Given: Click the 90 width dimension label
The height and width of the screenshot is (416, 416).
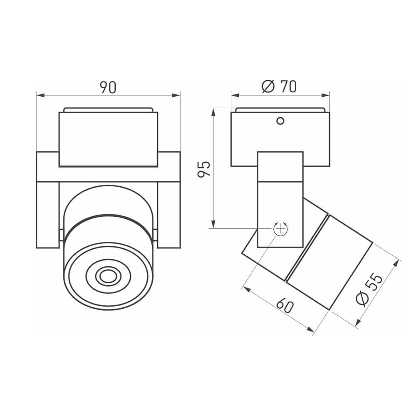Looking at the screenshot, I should pos(108,87).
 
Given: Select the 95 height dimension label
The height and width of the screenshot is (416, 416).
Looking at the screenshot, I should pos(204,169).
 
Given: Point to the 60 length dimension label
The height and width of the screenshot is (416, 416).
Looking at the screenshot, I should pos(285,306).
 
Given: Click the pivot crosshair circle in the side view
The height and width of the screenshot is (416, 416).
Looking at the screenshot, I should pos(280,228).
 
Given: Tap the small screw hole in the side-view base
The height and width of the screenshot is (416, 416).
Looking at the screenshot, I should pos(280,121).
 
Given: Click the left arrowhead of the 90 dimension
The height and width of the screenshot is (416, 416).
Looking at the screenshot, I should pos(40,95).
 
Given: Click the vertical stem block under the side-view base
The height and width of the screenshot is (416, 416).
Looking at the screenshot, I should pos(280,200).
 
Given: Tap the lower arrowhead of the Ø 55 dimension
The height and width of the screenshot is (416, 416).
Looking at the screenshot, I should pos(357,323).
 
